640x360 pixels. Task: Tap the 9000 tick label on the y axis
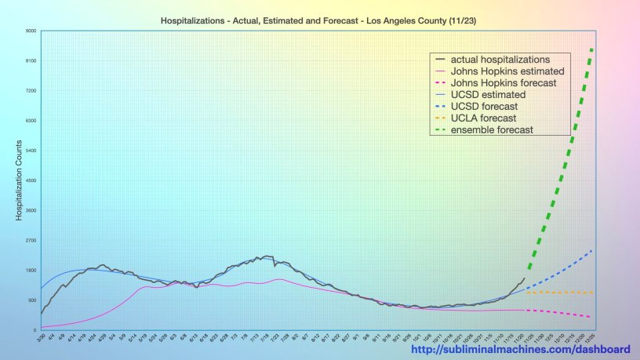coord(31,31)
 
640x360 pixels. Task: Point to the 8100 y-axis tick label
coord(31,61)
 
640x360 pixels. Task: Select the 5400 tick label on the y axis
coord(31,151)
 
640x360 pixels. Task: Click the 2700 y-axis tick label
coord(31,241)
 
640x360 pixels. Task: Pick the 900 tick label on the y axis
coord(32,300)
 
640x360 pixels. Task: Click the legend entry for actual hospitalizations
coord(505,59)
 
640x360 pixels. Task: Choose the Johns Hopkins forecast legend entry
coord(508,82)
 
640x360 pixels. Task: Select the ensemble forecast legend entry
coord(500,129)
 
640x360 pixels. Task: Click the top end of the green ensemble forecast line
coord(591,49)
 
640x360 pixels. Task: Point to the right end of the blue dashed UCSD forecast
coord(591,251)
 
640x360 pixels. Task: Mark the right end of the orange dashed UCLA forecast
coord(592,293)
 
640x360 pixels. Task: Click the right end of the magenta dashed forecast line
coord(591,317)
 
